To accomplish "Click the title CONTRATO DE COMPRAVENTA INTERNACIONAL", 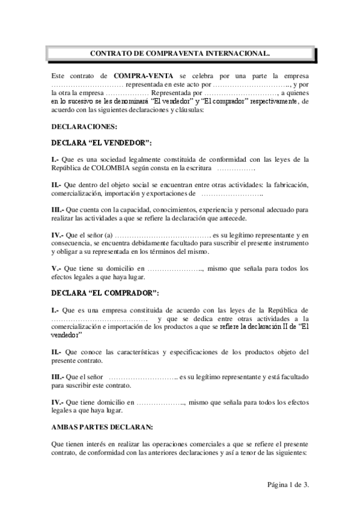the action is [x=180, y=54].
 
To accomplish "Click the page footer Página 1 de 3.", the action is [x=288, y=484].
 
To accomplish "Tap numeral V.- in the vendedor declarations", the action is [x=56, y=269].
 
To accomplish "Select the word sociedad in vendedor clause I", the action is [x=114, y=159].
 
